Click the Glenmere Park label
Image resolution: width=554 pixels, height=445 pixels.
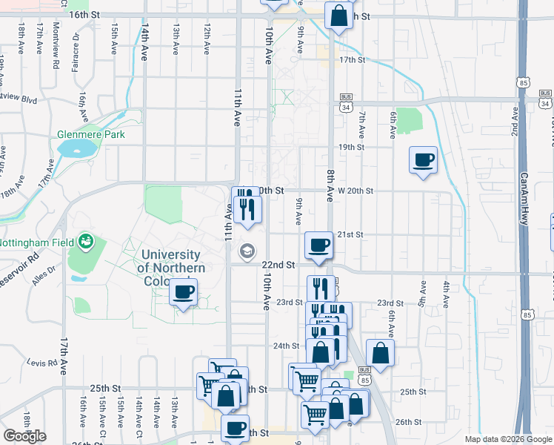tap(91, 135)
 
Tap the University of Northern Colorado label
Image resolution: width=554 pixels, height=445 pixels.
tap(171, 268)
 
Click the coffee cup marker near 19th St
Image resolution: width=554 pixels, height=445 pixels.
tap(423, 160)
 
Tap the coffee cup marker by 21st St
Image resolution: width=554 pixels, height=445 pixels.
tap(319, 245)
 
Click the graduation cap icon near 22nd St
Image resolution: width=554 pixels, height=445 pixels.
tap(246, 253)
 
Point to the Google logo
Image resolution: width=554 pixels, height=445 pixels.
tap(25, 436)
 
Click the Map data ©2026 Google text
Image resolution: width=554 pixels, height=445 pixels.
tap(508, 439)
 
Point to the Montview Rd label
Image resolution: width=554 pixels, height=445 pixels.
tap(56, 44)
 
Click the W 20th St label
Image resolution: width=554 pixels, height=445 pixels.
tap(355, 191)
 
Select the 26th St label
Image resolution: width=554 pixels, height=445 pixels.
tap(408, 421)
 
